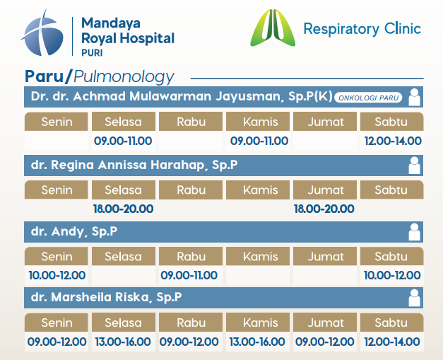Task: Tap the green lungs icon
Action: pyautogui.click(x=273, y=28)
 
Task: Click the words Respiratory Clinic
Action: pyautogui.click(x=362, y=29)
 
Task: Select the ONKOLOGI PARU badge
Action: pyautogui.click(x=368, y=98)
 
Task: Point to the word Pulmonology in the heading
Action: pyautogui.click(x=124, y=77)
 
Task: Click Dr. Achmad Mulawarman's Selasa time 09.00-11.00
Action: pyautogui.click(x=123, y=141)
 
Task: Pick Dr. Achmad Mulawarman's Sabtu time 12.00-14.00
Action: pyautogui.click(x=393, y=141)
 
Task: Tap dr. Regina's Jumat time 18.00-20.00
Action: pyautogui.click(x=324, y=209)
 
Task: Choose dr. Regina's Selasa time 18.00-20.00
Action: pyautogui.click(x=123, y=209)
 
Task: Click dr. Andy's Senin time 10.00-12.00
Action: pyautogui.click(x=57, y=275)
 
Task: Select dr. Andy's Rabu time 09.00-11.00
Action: pyautogui.click(x=189, y=275)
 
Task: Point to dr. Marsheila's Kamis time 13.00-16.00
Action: pyautogui.click(x=257, y=342)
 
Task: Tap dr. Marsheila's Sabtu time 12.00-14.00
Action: pyautogui.click(x=392, y=342)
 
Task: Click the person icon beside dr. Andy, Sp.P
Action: pyautogui.click(x=415, y=232)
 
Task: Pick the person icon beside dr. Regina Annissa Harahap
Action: pyautogui.click(x=415, y=166)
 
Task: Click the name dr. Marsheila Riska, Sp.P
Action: pyautogui.click(x=106, y=297)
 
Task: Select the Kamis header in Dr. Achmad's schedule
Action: pyautogui.click(x=261, y=122)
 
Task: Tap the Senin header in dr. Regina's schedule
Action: pyautogui.click(x=57, y=190)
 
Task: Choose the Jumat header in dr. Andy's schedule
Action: pyautogui.click(x=326, y=257)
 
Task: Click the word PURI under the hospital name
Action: pyautogui.click(x=92, y=53)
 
